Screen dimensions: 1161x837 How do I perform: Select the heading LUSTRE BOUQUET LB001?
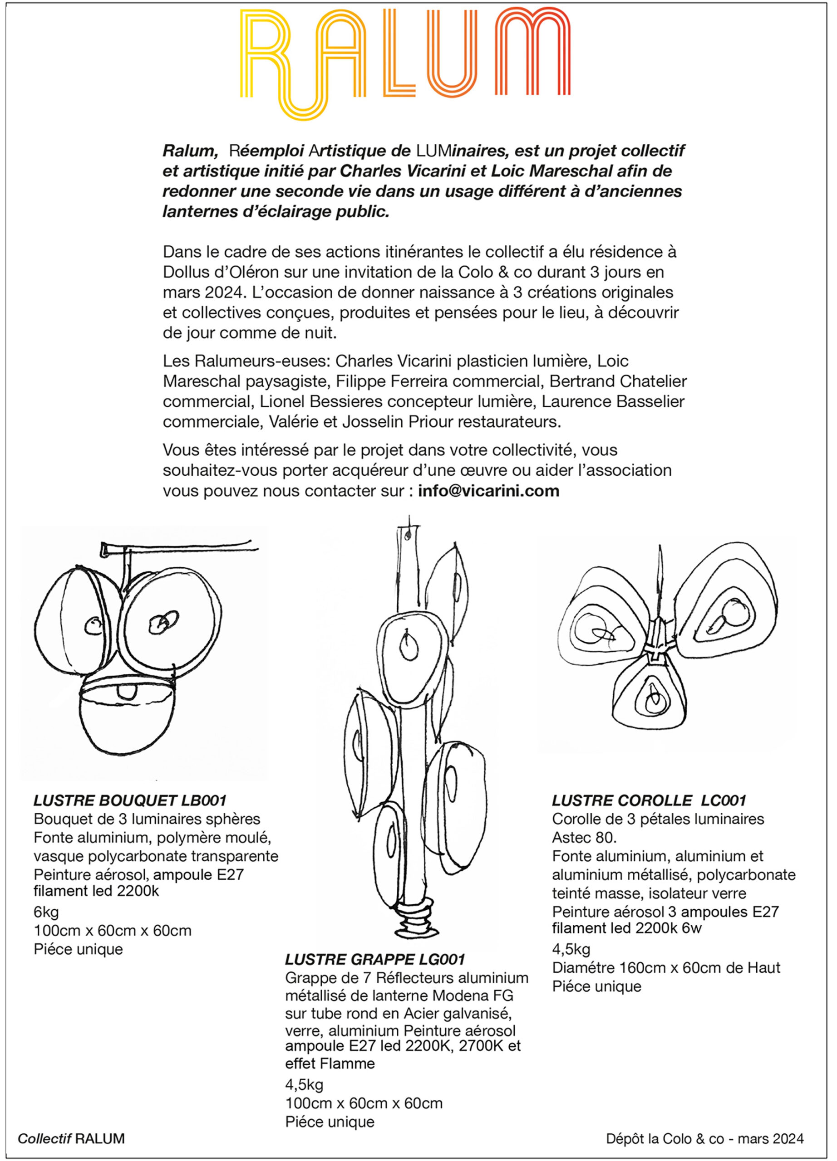[130, 800]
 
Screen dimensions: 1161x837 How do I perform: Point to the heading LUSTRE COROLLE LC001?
[649, 800]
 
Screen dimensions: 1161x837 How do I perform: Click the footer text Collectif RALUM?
[71, 1138]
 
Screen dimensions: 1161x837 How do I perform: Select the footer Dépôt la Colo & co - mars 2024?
[705, 1138]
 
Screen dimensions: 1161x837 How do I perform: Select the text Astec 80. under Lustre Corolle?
[584, 838]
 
